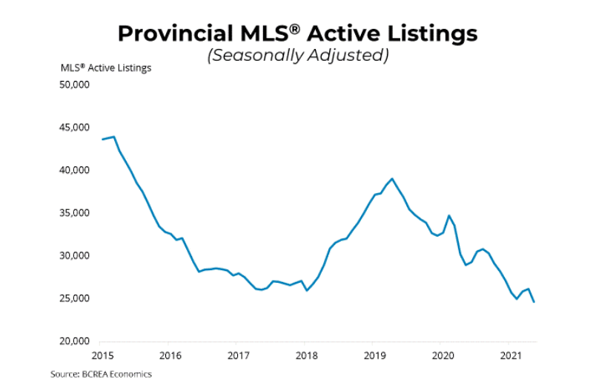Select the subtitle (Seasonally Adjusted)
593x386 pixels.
coord(297,56)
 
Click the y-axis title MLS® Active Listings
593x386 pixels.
coord(106,68)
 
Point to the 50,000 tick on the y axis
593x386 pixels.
coord(74,85)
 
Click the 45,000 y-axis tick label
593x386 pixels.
coord(74,128)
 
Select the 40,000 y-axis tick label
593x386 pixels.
coord(74,170)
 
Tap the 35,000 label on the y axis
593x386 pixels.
coord(74,213)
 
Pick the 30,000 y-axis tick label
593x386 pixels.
coord(74,256)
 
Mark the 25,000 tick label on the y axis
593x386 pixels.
coord(74,298)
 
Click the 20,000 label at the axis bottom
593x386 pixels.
coord(74,341)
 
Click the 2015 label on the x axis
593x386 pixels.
coord(102,356)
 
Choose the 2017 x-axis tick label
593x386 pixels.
coord(237,356)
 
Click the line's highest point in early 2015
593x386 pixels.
coord(113,137)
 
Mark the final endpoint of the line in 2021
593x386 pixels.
coord(534,301)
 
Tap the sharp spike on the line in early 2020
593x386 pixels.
coord(448,216)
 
